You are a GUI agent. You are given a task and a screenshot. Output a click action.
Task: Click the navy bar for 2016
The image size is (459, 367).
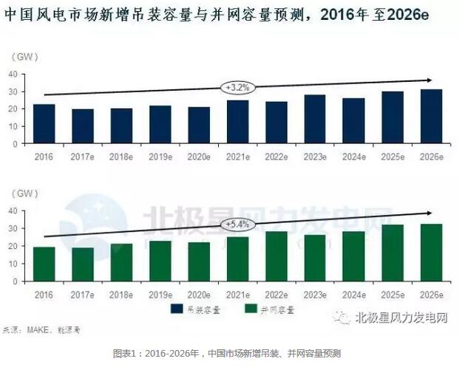45,124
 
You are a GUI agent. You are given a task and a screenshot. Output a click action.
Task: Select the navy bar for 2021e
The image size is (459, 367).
237,122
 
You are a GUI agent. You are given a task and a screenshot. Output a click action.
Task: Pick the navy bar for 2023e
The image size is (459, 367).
314,119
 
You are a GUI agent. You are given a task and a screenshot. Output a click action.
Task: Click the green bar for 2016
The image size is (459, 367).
45,264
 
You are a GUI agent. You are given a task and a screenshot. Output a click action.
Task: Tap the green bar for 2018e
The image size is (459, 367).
122,262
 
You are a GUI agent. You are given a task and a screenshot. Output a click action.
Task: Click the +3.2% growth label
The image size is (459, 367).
237,86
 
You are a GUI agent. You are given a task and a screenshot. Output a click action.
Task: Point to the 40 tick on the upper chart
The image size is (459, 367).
13,74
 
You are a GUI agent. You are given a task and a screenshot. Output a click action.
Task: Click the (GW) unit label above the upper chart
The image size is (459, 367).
24,56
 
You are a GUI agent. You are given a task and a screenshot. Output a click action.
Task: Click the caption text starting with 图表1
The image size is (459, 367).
230,354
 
